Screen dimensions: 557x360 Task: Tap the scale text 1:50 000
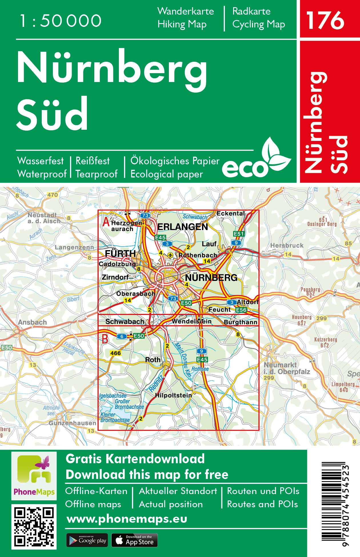point(60,21)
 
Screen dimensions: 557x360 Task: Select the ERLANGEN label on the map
point(183,227)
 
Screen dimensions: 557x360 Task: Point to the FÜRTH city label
point(120,253)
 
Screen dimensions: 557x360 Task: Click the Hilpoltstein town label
point(173,396)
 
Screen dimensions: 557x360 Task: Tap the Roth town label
point(153,360)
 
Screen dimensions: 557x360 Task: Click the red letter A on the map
point(106,222)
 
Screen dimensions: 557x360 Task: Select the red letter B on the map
point(105,339)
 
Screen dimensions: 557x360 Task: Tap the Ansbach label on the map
point(32,322)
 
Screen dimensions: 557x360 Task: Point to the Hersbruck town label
point(287,245)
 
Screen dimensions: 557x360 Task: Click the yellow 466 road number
point(115,353)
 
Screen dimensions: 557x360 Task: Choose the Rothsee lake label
point(200,369)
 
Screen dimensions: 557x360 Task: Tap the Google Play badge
point(87,540)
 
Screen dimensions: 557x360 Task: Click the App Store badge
point(134,540)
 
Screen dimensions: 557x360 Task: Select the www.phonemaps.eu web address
point(127,519)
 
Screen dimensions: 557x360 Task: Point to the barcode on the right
point(335,504)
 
